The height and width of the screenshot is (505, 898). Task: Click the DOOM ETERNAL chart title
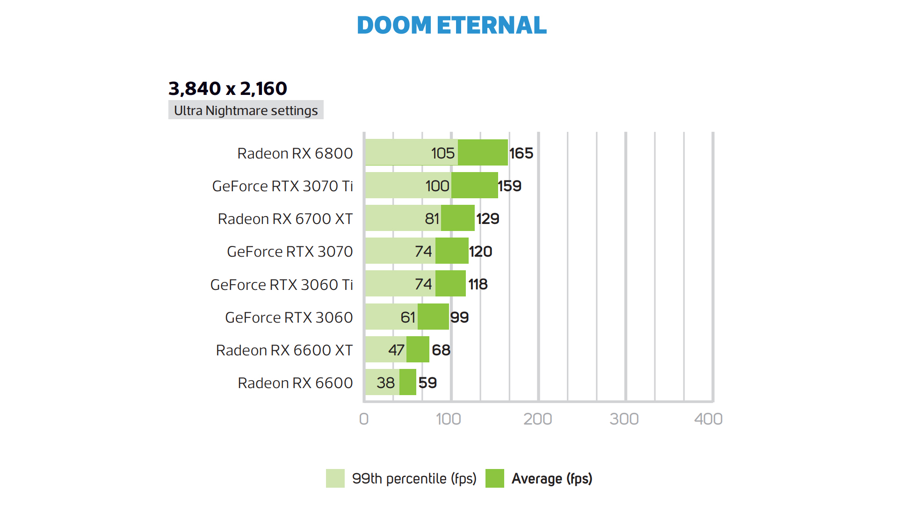[x=451, y=25]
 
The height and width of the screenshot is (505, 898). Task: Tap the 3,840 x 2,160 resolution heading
[x=228, y=88]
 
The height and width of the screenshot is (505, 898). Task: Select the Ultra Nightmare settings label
[x=246, y=110]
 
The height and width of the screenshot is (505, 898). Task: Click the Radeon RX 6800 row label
[x=295, y=153]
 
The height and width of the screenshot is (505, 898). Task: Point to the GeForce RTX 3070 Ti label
[x=282, y=186]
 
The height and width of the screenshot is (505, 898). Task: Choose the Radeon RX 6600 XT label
[x=284, y=350]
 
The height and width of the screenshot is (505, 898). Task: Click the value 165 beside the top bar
[x=521, y=153]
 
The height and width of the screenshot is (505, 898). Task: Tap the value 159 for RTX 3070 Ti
[x=509, y=186]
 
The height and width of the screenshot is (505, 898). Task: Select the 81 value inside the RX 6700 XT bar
[x=432, y=219]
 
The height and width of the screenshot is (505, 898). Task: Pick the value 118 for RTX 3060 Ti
[x=478, y=284]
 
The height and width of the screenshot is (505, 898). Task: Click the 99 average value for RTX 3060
[x=459, y=317]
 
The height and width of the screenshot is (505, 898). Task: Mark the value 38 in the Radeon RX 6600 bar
[x=386, y=383]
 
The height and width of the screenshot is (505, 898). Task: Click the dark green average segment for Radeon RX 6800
[x=483, y=152]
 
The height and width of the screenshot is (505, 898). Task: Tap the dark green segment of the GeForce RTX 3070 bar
[x=452, y=251]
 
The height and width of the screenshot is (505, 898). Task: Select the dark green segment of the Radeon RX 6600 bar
[x=408, y=382]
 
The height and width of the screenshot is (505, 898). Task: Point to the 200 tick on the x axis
[x=538, y=419]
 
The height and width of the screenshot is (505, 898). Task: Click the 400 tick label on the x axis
[x=708, y=419]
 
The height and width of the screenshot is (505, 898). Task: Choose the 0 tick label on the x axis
[x=364, y=419]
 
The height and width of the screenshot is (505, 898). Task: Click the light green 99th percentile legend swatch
[x=335, y=478]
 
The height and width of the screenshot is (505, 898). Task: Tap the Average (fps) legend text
[x=552, y=479]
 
